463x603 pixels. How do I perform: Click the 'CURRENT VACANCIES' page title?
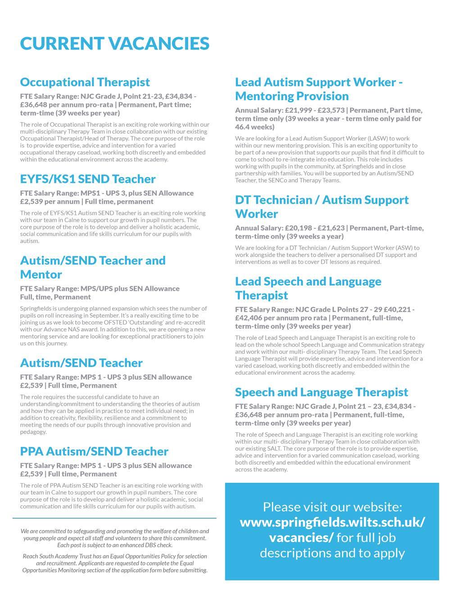(x=115, y=44)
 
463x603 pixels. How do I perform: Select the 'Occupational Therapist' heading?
(x=85, y=82)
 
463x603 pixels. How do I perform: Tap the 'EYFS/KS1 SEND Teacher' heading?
(x=88, y=179)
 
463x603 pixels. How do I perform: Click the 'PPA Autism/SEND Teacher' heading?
(x=94, y=452)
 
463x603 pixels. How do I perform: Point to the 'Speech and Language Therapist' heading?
(x=322, y=392)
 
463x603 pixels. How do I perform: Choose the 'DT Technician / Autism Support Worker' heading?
(x=322, y=207)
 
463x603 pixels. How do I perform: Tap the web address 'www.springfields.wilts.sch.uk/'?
(x=332, y=522)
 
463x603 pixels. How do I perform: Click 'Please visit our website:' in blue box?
(x=332, y=507)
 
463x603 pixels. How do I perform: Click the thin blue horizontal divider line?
(x=114, y=518)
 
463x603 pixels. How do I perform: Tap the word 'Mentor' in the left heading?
(x=41, y=275)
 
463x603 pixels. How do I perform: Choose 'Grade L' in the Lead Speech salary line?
(x=322, y=309)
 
